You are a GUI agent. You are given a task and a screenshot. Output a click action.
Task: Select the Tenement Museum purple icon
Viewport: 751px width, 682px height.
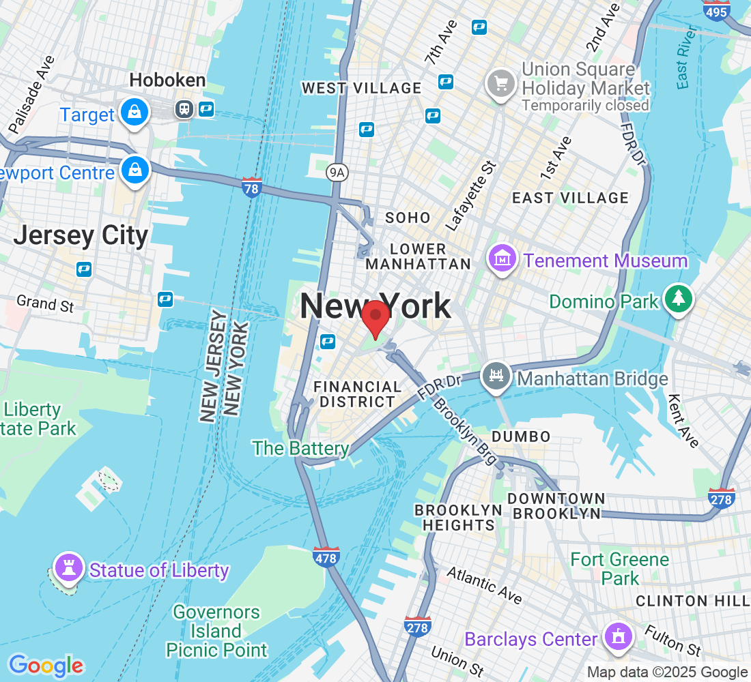(x=502, y=260)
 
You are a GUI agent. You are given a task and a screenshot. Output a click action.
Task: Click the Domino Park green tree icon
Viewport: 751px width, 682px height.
(x=678, y=299)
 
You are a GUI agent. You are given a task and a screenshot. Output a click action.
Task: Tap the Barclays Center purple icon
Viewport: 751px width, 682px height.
(x=618, y=637)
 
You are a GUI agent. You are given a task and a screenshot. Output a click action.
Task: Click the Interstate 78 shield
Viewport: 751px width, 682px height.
(x=252, y=187)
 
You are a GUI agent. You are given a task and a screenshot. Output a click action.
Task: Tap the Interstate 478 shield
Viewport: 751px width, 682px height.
(x=327, y=557)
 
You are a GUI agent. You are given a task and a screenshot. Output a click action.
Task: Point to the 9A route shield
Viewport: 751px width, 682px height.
(x=337, y=173)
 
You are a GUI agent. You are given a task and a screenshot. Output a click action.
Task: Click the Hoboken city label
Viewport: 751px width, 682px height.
(x=167, y=80)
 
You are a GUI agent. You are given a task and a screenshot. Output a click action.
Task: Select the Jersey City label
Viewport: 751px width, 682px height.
(x=81, y=235)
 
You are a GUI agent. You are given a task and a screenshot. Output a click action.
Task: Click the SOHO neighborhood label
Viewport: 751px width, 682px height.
(x=408, y=218)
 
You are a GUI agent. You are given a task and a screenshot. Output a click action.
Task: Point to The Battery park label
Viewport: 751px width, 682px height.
(x=300, y=448)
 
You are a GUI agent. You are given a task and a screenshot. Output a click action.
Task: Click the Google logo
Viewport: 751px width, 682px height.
(x=46, y=665)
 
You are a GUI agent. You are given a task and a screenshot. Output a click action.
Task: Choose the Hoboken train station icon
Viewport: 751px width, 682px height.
(x=184, y=108)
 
